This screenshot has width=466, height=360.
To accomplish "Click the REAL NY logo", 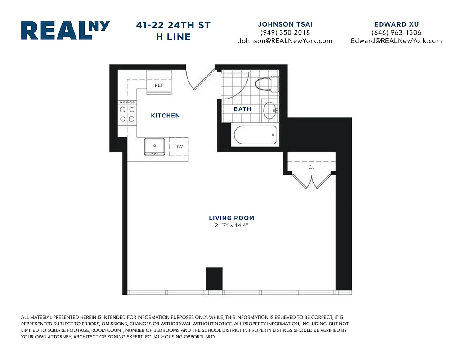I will click(65, 30).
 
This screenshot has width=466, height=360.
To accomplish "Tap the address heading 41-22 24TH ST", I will click(173, 26).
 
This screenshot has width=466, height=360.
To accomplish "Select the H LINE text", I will click(173, 37).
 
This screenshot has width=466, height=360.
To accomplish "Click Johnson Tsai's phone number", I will click(285, 32).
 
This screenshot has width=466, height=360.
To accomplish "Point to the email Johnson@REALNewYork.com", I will click(285, 40).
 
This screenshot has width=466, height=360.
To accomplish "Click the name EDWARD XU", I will click(396, 24).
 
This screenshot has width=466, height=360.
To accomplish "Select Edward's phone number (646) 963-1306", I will click(396, 32).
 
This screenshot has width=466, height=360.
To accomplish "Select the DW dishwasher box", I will click(179, 147).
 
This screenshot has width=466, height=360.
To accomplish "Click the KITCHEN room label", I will click(165, 116).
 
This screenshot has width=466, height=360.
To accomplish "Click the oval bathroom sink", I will click(269, 110).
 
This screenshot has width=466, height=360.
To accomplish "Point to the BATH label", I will click(242, 109).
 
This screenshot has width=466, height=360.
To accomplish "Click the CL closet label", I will click(311, 167).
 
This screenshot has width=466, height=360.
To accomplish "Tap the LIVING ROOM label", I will click(231, 218).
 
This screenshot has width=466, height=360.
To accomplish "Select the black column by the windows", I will click(214, 279).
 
